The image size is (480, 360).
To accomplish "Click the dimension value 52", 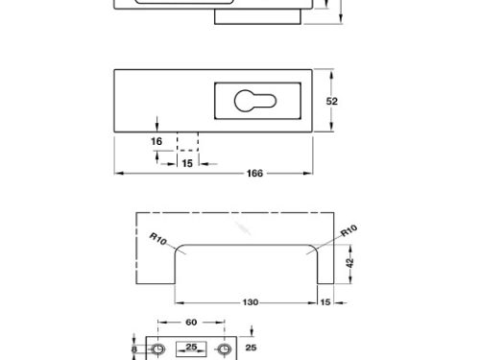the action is pyautogui.click(x=332, y=102).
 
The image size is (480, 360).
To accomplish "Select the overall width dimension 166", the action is pyautogui.click(x=254, y=174).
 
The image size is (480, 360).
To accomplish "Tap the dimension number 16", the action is pyautogui.click(x=156, y=141).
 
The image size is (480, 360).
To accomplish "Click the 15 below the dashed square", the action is pyautogui.click(x=187, y=163).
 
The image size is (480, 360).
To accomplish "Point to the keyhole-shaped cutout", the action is pyautogui.click(x=255, y=101).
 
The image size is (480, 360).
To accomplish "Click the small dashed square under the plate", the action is pyautogui.click(x=187, y=141).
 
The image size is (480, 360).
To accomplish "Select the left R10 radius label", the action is pyautogui.click(x=158, y=239).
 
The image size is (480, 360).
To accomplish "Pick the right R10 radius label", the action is pyautogui.click(x=348, y=230).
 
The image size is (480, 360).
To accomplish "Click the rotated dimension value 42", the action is pyautogui.click(x=350, y=262).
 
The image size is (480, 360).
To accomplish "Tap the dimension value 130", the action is pyautogui.click(x=251, y=302).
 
